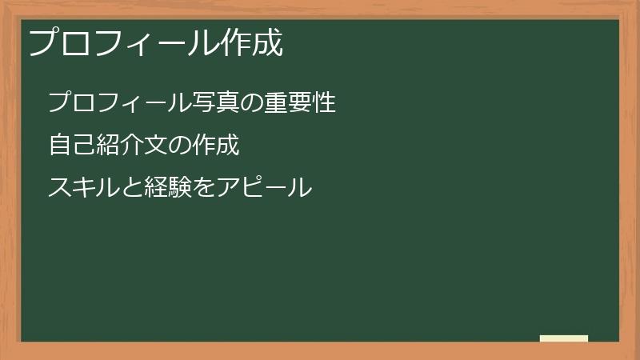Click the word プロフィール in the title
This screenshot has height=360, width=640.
[123, 43]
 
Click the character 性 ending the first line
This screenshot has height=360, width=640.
[324, 102]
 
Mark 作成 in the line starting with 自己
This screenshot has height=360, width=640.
[215, 146]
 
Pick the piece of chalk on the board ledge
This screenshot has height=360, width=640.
[564, 338]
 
